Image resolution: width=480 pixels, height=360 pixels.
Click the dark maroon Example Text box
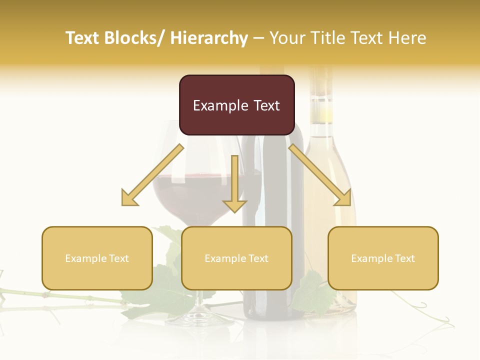click(236, 105)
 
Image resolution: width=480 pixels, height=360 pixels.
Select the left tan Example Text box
click(97, 258)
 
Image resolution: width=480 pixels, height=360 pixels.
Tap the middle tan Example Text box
click(236, 258)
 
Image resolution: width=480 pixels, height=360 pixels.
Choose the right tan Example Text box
click(383, 258)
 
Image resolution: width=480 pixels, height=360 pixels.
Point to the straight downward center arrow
click(234, 185)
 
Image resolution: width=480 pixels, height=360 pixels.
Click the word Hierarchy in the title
click(209, 38)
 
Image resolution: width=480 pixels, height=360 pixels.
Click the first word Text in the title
click(83, 38)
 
